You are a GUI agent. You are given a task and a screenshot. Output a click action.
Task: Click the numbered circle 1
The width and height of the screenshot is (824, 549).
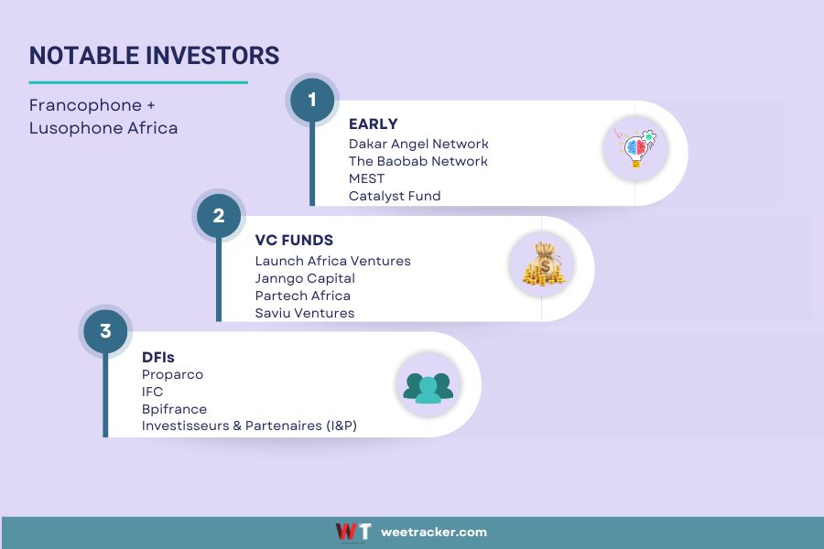(x=312, y=100)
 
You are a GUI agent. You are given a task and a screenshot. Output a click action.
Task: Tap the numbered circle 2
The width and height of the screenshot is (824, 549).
(x=219, y=215)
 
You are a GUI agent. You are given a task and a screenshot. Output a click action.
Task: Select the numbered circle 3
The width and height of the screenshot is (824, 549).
(x=105, y=331)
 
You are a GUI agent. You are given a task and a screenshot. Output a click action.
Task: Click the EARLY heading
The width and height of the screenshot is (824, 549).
(x=374, y=124)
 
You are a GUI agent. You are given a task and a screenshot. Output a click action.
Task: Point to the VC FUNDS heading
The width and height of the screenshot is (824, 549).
(x=294, y=240)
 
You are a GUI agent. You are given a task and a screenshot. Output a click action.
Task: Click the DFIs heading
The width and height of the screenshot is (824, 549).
(x=157, y=357)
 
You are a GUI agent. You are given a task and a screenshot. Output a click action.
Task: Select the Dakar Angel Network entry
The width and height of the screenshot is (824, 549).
(x=418, y=144)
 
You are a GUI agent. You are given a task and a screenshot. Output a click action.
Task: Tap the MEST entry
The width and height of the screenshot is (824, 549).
(x=366, y=178)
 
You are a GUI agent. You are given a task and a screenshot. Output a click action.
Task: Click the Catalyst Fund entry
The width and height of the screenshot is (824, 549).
(x=395, y=196)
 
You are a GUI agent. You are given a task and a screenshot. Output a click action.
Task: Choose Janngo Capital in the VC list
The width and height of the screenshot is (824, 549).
(x=305, y=278)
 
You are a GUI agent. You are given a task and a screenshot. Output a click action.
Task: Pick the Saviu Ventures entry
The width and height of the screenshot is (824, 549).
(x=305, y=313)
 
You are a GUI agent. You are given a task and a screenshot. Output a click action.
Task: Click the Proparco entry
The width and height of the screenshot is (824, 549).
(x=172, y=374)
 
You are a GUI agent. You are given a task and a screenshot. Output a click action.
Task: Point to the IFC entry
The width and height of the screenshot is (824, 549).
(x=152, y=392)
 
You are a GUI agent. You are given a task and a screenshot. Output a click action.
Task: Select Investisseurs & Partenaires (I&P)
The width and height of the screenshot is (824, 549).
(x=249, y=425)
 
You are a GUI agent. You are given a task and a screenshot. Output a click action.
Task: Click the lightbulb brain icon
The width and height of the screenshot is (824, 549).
(x=636, y=148)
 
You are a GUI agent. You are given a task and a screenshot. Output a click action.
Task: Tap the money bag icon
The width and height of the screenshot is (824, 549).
(x=543, y=264)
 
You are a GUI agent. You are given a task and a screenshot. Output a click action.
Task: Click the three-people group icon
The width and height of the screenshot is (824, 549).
(x=428, y=388)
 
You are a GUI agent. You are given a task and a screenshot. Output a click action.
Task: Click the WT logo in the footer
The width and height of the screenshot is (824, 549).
(x=353, y=532)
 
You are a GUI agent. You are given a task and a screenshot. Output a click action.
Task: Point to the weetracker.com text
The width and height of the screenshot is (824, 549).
(x=434, y=533)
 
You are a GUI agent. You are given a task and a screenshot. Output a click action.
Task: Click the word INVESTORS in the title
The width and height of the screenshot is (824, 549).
(x=212, y=56)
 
